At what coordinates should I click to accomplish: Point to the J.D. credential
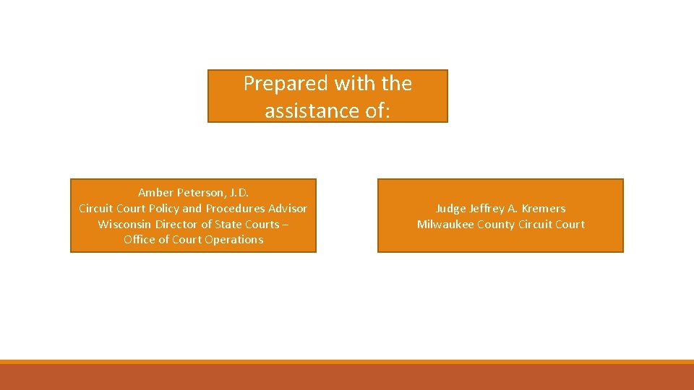pyautogui.click(x=239, y=192)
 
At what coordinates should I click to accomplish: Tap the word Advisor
pyautogui.click(x=287, y=208)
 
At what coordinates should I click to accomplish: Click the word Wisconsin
pyautogui.click(x=124, y=224)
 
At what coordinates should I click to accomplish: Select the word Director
pyautogui.click(x=176, y=224)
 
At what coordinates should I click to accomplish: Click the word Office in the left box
pyautogui.click(x=139, y=240)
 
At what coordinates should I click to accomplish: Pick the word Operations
pyautogui.click(x=236, y=240)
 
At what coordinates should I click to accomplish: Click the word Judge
pyautogui.click(x=451, y=209)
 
